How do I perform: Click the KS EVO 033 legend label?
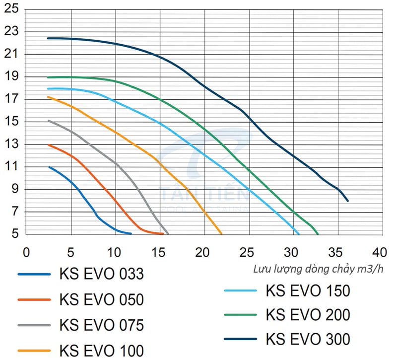[101, 274]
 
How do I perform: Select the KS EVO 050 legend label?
[101, 299]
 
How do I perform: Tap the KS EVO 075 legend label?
[101, 325]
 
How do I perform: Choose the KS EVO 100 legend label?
[101, 351]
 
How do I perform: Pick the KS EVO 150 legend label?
[308, 290]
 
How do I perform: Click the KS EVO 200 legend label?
[308, 315]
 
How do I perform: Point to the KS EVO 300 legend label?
[308, 339]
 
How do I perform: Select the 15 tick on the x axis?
[160, 251]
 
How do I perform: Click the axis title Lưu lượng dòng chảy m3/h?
[318, 269]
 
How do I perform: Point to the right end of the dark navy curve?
[348, 201]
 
